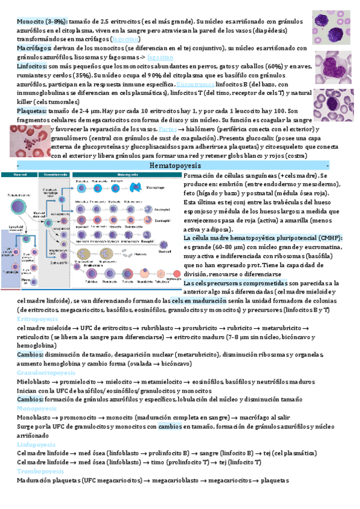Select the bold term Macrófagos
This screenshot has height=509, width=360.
[x=34, y=47]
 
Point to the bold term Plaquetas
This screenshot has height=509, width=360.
[x=34, y=110]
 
